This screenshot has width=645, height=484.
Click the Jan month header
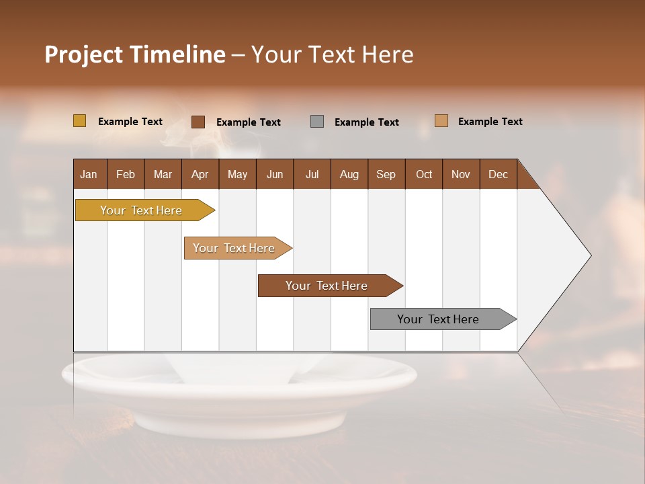[89, 174]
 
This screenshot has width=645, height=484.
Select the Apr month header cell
[200, 174]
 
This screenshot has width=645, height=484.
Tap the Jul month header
[312, 174]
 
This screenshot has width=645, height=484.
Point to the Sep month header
[386, 174]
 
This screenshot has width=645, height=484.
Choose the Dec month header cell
[498, 174]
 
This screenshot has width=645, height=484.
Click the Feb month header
[126, 174]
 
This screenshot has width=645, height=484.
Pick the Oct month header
[424, 174]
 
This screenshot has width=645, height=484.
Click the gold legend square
[80, 121]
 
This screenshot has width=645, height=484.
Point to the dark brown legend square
[198, 122]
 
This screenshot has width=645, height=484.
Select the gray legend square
[317, 122]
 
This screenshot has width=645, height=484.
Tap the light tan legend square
[441, 121]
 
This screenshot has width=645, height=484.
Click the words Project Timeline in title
[134, 54]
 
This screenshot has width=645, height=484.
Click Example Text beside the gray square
[366, 122]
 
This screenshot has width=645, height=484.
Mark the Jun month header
[275, 174]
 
